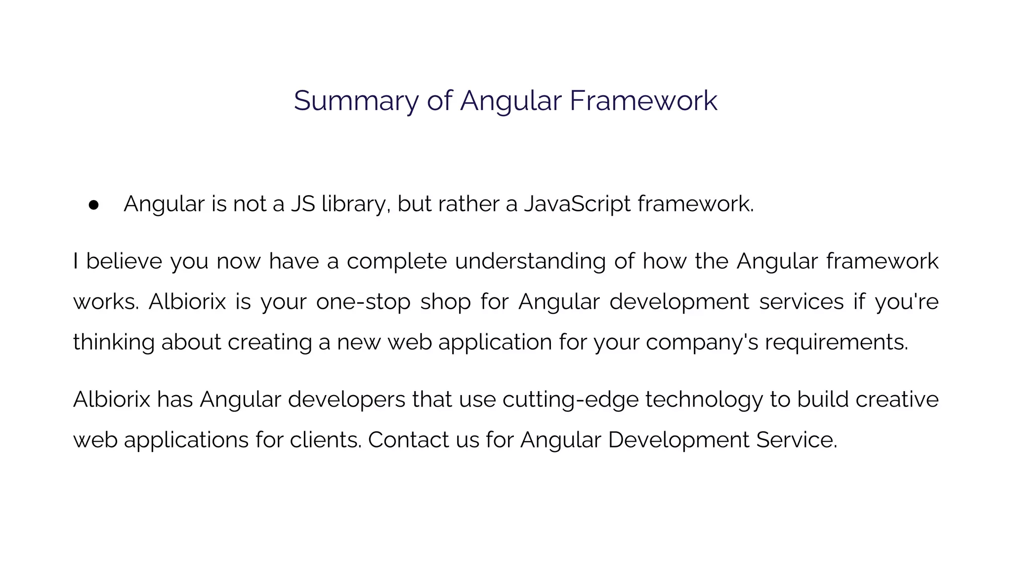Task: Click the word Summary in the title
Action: click(x=356, y=101)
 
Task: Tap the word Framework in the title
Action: click(x=643, y=101)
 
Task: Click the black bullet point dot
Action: click(x=94, y=205)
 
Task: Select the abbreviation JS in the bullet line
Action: click(x=303, y=203)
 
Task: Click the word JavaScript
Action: click(x=577, y=203)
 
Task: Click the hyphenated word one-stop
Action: click(x=363, y=301)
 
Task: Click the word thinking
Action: click(x=114, y=342)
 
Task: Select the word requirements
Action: click(x=836, y=342)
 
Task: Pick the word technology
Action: click(x=704, y=400)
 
